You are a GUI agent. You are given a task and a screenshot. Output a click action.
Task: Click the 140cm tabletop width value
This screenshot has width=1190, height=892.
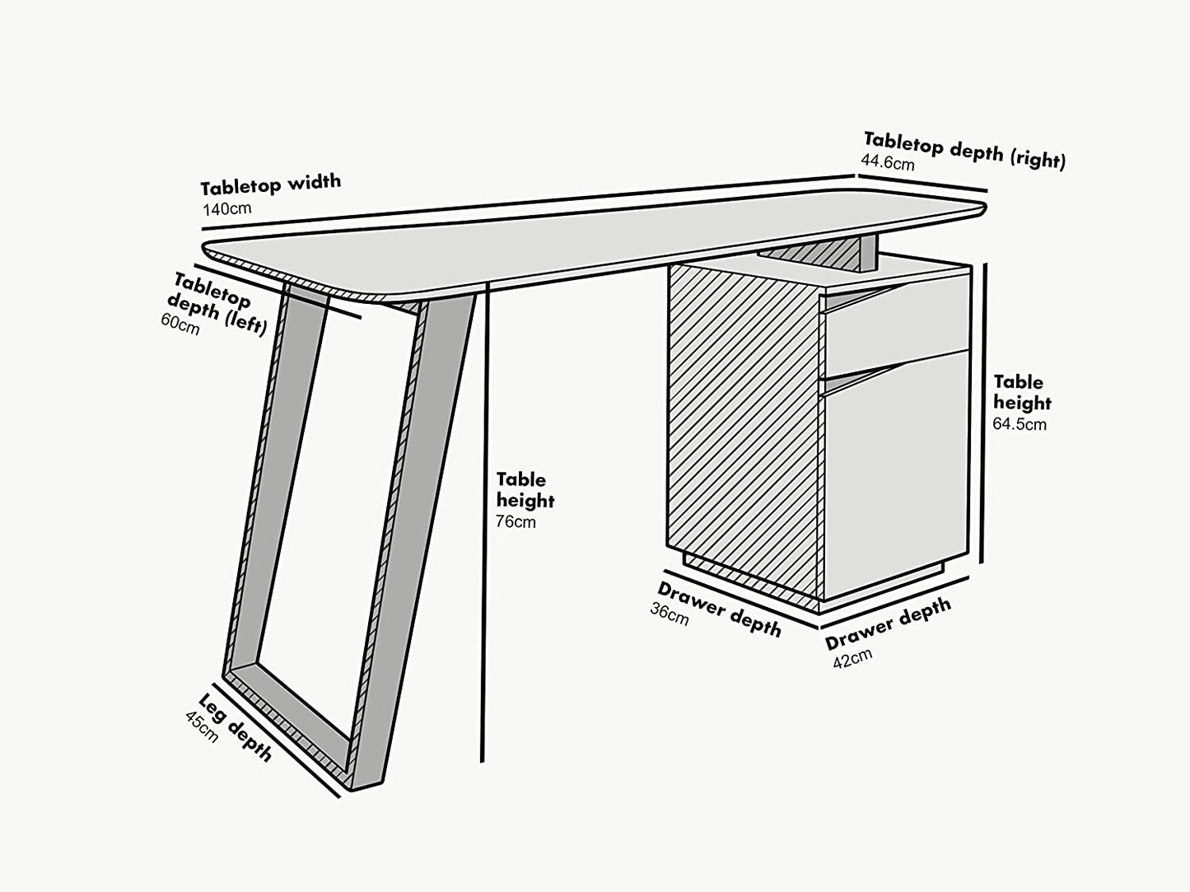226,208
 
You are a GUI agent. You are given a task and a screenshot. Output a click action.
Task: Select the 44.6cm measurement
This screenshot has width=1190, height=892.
887,162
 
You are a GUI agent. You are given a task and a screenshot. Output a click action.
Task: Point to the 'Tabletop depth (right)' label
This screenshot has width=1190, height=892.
964,149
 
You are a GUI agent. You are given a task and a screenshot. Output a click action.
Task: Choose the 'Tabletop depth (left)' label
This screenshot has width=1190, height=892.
218,303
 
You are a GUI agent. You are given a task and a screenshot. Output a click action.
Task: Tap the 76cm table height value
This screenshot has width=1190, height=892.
516,521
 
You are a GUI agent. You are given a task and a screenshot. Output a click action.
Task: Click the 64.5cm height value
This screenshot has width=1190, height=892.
1020,424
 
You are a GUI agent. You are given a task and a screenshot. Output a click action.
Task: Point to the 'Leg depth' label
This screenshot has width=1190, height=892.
236,727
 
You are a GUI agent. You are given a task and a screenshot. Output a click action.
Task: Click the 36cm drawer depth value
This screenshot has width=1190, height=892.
670,614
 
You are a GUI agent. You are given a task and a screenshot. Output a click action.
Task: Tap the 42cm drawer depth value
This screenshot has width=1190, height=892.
852,658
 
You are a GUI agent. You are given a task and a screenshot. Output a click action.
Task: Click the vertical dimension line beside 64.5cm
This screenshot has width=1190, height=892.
982,412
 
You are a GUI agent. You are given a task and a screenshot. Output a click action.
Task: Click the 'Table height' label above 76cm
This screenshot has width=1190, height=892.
525,490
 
